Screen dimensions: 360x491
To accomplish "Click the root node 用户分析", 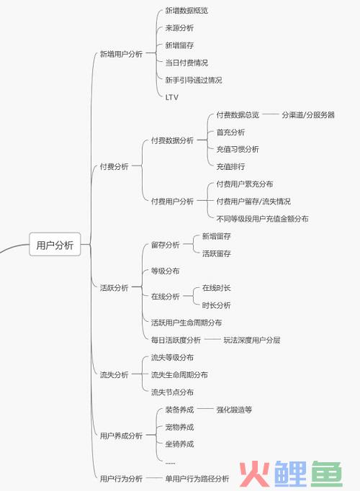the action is pos(55,245).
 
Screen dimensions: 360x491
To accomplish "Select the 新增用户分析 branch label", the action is pos(121,54).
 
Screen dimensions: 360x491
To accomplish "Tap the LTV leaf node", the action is pos(172,97).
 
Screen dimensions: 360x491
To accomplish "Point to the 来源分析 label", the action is pos(179,28).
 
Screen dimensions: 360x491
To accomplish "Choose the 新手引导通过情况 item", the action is pos(194,80).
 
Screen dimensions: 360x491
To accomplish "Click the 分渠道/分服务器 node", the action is pos(308,114).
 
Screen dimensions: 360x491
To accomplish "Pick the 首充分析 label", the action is pos(230,132).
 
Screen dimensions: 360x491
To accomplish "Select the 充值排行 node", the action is pos(230,166).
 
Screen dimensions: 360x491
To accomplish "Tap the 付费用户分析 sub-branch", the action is pos(172,201).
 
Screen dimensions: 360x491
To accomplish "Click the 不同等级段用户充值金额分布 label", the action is pos(262,218).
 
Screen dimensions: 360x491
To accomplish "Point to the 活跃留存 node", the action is pos(216,253).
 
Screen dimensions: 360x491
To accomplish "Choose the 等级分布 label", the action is pos(165,271).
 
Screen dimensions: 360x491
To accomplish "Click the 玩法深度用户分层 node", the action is pos(252,340).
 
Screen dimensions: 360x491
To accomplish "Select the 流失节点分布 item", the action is pos(172,392).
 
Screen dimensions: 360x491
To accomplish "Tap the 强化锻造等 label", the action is pos(234,409).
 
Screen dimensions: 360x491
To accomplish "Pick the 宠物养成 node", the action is pos(179,427).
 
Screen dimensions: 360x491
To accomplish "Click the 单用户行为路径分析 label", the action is pos(197,478).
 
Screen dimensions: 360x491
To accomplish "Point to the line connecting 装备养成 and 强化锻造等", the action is pos(205,409).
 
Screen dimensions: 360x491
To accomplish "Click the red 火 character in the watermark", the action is pos(254,474).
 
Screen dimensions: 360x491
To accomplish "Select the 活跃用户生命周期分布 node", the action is pos(186,323).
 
